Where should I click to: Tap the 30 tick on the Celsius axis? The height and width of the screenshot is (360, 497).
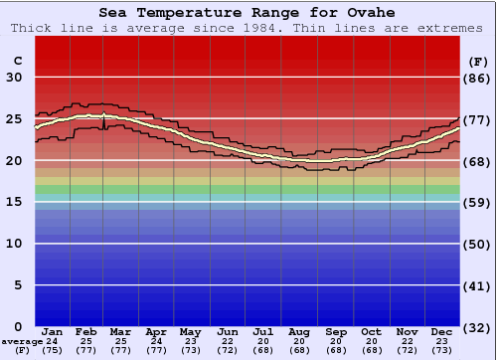click(x=14, y=78)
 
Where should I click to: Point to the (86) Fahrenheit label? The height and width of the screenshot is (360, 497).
click(x=477, y=78)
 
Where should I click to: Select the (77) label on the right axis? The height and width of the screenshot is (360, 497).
click(x=477, y=119)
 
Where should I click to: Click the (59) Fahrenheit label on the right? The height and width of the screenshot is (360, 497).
click(x=477, y=203)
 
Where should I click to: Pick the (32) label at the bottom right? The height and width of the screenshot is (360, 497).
click(x=477, y=327)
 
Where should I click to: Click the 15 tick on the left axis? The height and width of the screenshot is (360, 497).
click(x=14, y=203)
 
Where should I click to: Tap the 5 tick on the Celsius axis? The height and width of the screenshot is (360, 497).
click(x=19, y=285)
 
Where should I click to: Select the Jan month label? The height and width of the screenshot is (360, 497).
click(x=53, y=331)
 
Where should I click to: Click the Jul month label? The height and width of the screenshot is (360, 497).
click(x=262, y=331)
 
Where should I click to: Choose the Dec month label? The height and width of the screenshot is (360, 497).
click(x=441, y=331)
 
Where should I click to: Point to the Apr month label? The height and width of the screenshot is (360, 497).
click(x=156, y=331)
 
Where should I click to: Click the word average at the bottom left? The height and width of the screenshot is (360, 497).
click(x=23, y=341)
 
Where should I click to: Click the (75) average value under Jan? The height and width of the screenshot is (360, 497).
click(x=53, y=350)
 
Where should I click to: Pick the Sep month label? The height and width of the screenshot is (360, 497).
click(x=335, y=331)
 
